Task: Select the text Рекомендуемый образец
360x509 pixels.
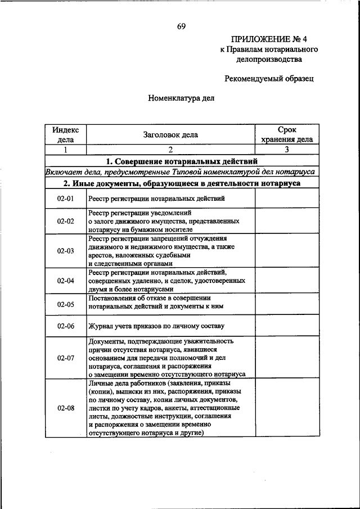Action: coord(269,79)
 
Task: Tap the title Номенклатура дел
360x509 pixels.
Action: coord(181,97)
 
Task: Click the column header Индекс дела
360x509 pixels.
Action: coord(66,135)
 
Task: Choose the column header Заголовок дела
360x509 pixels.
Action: coord(170,135)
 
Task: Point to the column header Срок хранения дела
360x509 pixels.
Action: coord(287,135)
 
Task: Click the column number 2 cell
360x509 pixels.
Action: coord(170,150)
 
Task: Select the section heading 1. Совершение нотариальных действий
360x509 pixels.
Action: coord(182,161)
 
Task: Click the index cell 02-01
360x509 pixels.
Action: coord(66,199)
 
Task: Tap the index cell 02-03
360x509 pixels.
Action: coord(66,251)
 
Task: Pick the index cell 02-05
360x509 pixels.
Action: coord(66,304)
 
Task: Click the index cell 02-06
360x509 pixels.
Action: coord(66,326)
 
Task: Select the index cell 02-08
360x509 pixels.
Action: coord(66,408)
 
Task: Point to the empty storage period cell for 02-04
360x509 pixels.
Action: coord(287,280)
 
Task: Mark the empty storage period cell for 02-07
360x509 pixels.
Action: coord(287,358)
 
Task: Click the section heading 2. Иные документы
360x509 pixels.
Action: coord(182,183)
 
